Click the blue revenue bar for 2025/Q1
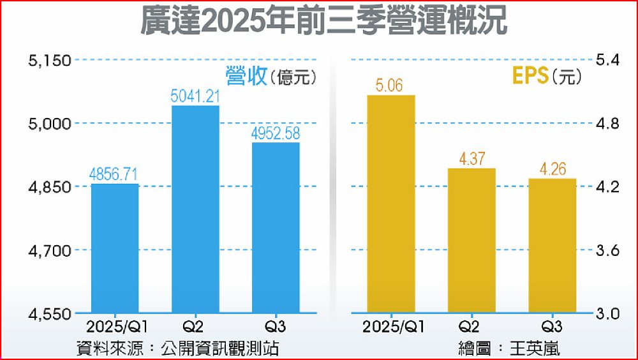(115, 248)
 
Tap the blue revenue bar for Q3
(275, 228)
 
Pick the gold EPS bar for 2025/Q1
(390, 204)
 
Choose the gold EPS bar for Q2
(471, 241)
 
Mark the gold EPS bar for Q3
(552, 246)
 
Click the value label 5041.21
(195, 96)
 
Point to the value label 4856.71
(115, 174)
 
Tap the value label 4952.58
(275, 133)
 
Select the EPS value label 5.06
(390, 86)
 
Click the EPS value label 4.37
(471, 159)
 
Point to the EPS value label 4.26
(552, 170)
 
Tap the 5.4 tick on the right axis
(607, 61)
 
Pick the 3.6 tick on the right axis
(607, 251)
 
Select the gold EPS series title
(531, 77)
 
